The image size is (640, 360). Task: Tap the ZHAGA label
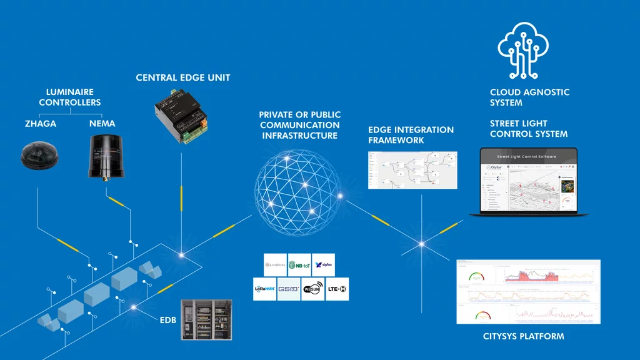(x=40, y=124)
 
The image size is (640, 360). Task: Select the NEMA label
(x=102, y=124)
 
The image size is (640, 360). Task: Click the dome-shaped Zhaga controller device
(x=39, y=156)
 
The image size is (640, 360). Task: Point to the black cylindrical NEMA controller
(x=103, y=156)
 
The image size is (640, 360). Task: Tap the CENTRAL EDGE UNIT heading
(x=183, y=78)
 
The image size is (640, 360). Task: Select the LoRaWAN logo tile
(x=264, y=289)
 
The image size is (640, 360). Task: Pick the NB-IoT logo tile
(x=299, y=265)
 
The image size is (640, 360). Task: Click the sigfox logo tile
(x=323, y=265)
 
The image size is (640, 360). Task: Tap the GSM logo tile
(x=289, y=289)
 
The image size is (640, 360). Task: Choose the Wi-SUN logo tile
(x=312, y=289)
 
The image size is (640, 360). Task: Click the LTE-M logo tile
(x=337, y=289)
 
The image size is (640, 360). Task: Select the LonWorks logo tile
(x=275, y=265)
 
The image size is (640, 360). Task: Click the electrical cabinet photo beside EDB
(x=206, y=320)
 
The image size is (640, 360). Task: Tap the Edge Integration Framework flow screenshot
(x=412, y=170)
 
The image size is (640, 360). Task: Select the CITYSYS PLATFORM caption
(x=523, y=336)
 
